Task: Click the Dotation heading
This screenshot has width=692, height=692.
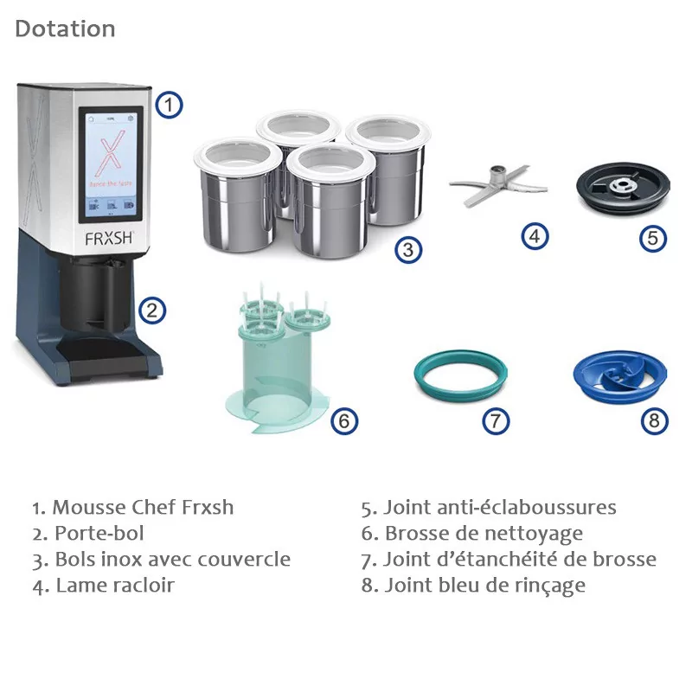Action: pos(66,29)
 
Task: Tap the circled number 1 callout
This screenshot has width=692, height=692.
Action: pos(169,105)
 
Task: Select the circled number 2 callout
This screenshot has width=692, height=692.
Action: pos(152,311)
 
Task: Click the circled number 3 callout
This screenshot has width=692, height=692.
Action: pos(408,250)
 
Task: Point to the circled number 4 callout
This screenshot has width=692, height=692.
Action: pos(535,236)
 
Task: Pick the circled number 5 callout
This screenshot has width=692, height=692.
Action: pos(653,239)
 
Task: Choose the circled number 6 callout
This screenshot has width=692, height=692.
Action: pos(344,421)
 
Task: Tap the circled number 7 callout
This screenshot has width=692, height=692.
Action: pos(496,421)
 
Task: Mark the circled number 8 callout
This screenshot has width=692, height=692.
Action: pos(655,420)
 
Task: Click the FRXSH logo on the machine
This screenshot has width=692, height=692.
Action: pos(109,239)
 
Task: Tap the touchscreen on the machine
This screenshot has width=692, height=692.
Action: pos(111,164)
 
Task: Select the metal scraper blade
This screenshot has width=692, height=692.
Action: pos(499,185)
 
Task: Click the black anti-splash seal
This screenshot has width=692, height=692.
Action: pos(623,189)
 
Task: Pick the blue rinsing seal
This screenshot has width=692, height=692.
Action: pos(620,376)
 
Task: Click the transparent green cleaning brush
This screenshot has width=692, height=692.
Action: pos(277,358)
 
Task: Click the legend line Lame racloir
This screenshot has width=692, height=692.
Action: pos(104,586)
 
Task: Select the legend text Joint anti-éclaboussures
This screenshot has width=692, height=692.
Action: pos(489,508)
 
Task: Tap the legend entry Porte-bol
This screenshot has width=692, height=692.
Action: pos(88,534)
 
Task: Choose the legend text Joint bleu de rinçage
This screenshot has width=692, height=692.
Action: pos(473,586)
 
